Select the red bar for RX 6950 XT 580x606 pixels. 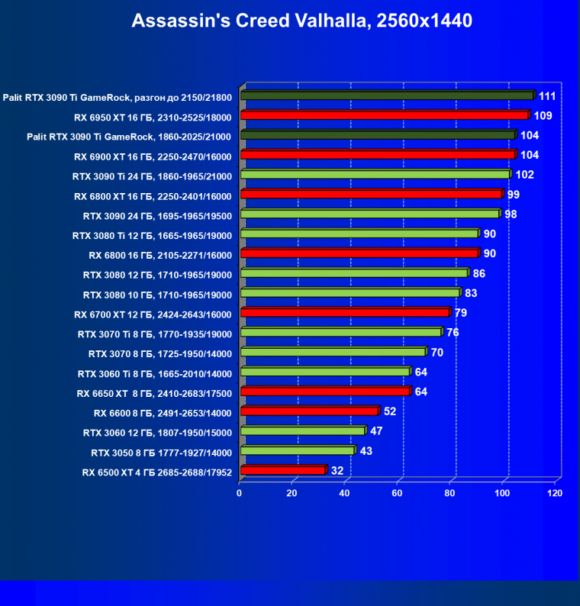tap(384, 116)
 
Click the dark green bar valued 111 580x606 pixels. tap(387, 96)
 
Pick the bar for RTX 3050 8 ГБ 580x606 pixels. tap(297, 452)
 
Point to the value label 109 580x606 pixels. tap(543, 116)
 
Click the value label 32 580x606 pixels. tap(337, 471)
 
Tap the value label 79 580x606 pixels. tap(460, 313)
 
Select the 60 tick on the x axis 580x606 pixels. tap(397, 494)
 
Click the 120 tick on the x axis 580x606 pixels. tap(555, 494)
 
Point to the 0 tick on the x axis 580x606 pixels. tap(240, 494)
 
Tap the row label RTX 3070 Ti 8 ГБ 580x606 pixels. tap(156, 334)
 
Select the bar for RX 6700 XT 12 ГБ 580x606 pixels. tap(344, 313)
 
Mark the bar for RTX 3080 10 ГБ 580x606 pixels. tap(350, 294)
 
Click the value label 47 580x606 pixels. tap(376, 432)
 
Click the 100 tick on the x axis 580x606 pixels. tap(502, 494)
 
